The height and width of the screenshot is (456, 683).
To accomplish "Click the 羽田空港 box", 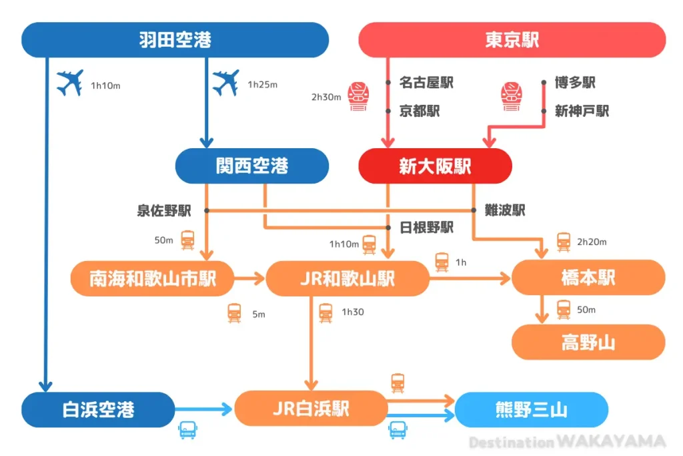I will (x=175, y=40).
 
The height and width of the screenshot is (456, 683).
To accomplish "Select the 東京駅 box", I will (x=512, y=40).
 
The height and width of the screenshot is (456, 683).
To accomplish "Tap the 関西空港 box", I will (x=251, y=166).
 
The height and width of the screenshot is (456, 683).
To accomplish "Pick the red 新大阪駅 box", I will (x=435, y=166).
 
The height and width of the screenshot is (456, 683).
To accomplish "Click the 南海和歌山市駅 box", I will (x=153, y=278).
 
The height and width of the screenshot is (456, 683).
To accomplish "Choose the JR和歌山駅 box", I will (x=347, y=278).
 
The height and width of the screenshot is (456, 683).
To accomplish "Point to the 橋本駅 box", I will (x=588, y=278).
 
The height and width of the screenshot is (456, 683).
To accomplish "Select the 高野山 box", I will (x=588, y=343).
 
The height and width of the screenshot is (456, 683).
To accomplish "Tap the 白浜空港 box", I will (x=97, y=409).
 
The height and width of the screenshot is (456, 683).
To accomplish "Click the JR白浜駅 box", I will (x=311, y=409).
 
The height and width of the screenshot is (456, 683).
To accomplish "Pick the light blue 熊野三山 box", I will (x=531, y=409).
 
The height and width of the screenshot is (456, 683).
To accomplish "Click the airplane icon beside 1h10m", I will (x=69, y=83).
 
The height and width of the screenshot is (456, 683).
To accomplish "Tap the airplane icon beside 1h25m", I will (x=225, y=83).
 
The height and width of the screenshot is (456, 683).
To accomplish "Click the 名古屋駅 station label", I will (x=426, y=83).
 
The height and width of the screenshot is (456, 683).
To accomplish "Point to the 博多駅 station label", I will (x=575, y=83).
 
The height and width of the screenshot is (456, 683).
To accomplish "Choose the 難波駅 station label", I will (x=505, y=210).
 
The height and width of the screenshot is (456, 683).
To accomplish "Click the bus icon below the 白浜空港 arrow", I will (x=187, y=430).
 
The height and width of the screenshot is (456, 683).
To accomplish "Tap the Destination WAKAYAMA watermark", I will (x=567, y=442).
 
